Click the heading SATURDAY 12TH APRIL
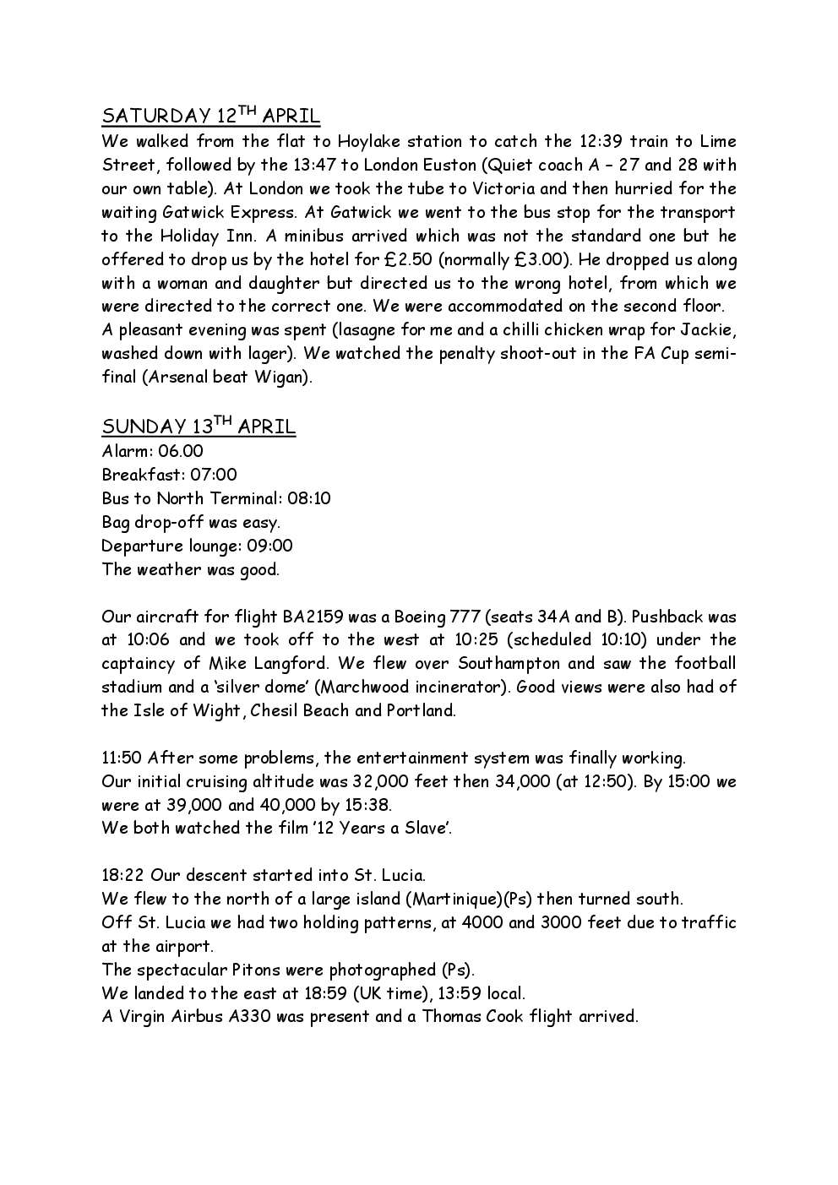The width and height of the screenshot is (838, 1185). coord(210,116)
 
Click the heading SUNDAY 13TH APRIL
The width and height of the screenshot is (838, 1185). coord(199,427)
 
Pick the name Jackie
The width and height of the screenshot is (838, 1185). coord(710,329)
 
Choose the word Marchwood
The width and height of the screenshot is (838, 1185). coord(359,688)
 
